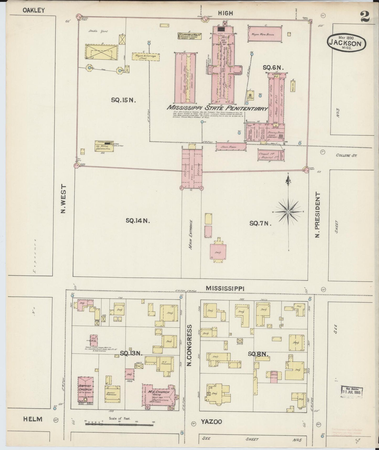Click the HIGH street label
pyautogui.click(x=225, y=13)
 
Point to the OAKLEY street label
pyautogui.click(x=34, y=11)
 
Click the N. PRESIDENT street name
pyautogui.click(x=318, y=214)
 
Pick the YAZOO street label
pyautogui.click(x=211, y=422)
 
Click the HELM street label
pyautogui.click(x=33, y=419)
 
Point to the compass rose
pyautogui.click(x=288, y=212)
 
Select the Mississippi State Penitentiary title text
pyautogui.click(x=217, y=108)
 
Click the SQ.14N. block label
pyautogui.click(x=138, y=221)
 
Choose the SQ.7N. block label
pyautogui.click(x=260, y=223)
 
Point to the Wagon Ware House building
pyautogui.click(x=265, y=34)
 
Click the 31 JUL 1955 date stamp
pyautogui.click(x=351, y=392)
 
